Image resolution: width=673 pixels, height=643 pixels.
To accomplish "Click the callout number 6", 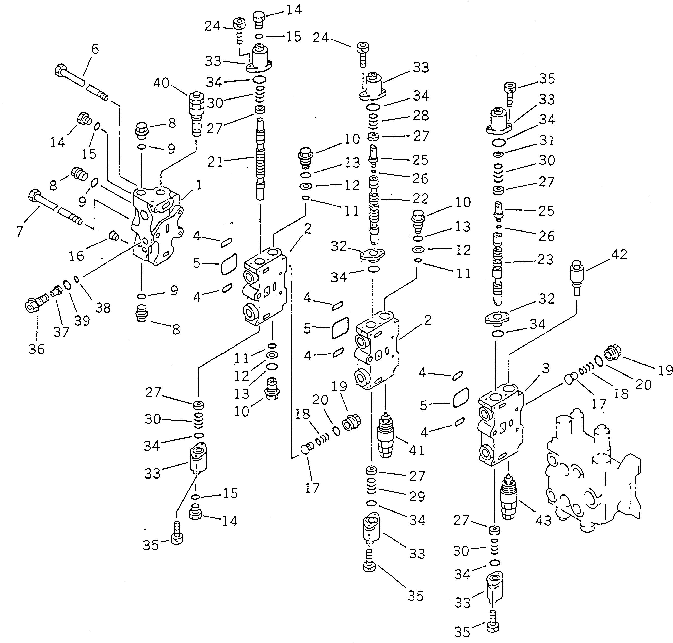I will [95, 49].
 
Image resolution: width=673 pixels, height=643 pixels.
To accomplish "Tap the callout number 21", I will [215, 162].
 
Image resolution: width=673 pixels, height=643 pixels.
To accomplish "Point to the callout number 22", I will [421, 199].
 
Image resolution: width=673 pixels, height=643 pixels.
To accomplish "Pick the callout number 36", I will [37, 349].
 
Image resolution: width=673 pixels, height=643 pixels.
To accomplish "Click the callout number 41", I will [416, 450].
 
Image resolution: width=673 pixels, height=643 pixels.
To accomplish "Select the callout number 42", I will [619, 254].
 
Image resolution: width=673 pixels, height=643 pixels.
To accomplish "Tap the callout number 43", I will [543, 521].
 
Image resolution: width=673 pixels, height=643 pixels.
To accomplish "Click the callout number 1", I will [199, 185].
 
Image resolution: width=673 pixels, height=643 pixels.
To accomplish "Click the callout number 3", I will [546, 368].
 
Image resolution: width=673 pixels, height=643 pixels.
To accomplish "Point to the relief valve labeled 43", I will [508, 497].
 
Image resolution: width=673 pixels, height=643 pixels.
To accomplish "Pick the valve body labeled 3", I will [500, 425].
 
